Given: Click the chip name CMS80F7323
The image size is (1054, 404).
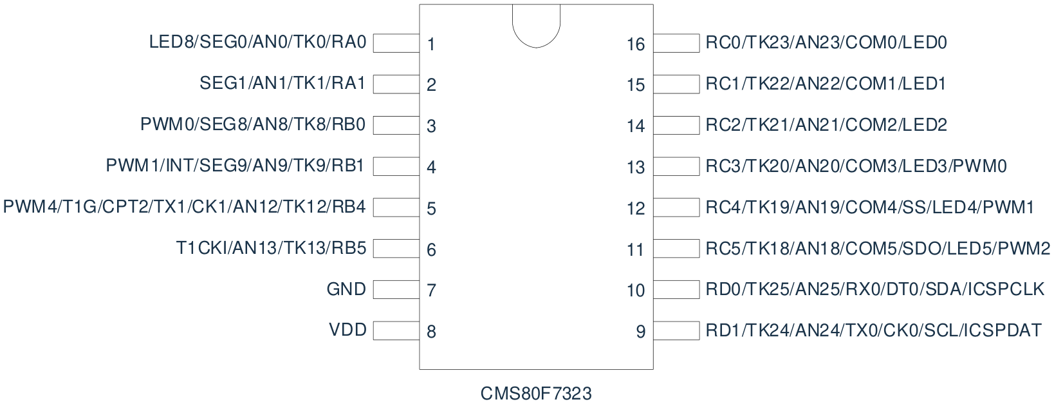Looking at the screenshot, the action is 536,393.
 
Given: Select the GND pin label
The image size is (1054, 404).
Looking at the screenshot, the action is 346,289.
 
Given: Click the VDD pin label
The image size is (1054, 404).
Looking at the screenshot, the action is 347,330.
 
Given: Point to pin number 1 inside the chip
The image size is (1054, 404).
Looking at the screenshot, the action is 431,44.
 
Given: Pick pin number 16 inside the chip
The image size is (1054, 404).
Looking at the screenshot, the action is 636,44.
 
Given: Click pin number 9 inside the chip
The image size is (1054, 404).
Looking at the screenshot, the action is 640,331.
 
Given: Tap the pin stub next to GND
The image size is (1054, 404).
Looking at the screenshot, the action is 396,289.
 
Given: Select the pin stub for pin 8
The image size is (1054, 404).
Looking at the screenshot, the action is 396,331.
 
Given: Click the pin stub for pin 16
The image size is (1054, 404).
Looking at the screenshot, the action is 676,43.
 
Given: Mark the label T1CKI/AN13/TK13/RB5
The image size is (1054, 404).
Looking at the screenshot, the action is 271,248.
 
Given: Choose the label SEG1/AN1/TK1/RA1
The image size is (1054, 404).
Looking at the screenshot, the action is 282,83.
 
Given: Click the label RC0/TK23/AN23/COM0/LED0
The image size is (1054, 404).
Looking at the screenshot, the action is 826,43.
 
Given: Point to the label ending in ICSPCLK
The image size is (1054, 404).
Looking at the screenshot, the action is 874,289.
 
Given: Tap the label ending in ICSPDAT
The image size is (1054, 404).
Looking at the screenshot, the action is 873,331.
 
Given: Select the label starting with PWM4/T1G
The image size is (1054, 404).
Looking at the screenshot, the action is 185,206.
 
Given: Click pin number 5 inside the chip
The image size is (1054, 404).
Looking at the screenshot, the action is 431,208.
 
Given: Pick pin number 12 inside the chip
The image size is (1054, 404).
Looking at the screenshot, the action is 636,208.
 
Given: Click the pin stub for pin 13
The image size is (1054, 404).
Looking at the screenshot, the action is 676,166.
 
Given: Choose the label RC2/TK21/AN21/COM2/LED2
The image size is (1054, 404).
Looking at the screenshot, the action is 826,124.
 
